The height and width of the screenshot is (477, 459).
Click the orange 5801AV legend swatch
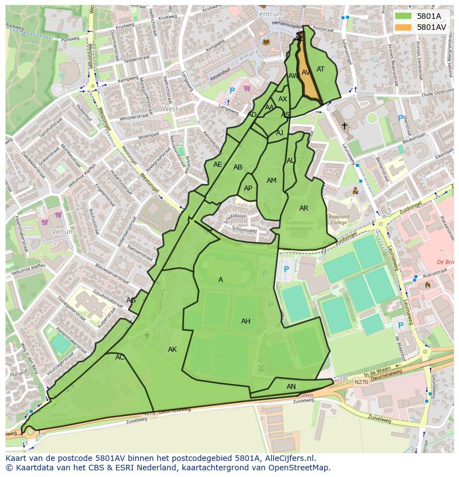tap(404, 27)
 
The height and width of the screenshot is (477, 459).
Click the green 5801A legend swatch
tap(404, 16)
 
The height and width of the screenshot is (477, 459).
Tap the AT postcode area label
tap(320, 69)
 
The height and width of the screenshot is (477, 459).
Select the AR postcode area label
tap(304, 208)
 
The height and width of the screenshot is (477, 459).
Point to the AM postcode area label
tap(272, 181)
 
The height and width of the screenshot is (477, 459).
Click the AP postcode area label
tap(248, 188)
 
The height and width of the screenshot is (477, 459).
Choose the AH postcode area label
tap(246, 321)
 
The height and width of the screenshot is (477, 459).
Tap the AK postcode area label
tap(172, 350)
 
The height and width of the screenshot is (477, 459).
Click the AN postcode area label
tap(291, 387)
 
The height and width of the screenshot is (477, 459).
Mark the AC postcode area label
tap(120, 357)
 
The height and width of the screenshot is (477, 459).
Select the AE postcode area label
tap(217, 165)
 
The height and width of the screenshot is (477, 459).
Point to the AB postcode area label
tap(238, 167)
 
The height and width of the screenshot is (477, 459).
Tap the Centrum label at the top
tap(269, 13)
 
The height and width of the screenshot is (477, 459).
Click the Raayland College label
tap(339, 220)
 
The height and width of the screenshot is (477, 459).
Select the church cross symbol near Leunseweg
tap(344, 126)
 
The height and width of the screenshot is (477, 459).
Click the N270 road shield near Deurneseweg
tap(360, 382)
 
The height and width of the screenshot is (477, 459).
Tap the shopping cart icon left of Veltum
tap(44, 222)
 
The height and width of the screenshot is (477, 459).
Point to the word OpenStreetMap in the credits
tap(300, 468)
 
